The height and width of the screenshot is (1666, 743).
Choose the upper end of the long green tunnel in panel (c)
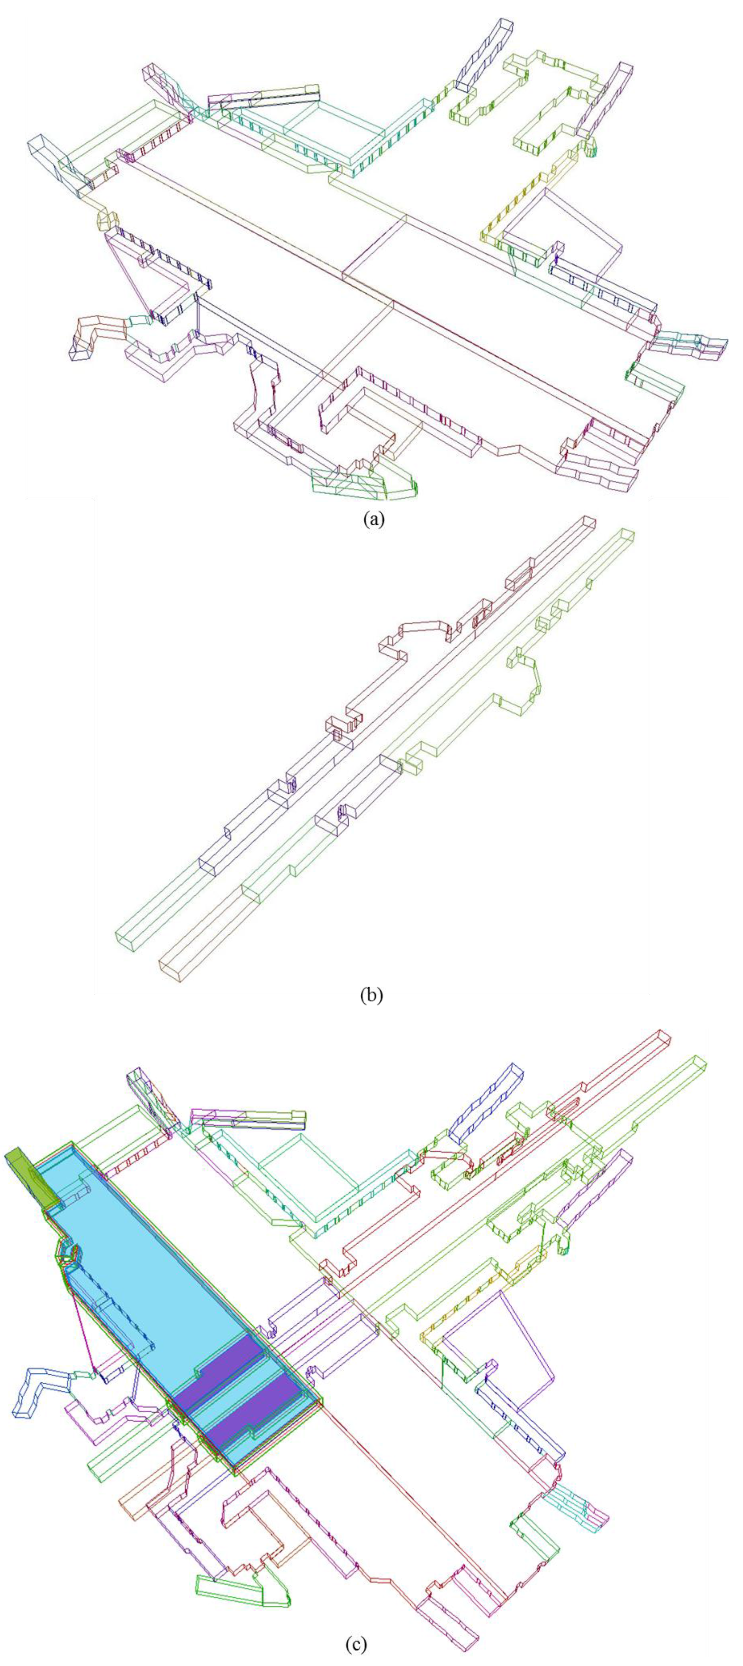(x=698, y=1064)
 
